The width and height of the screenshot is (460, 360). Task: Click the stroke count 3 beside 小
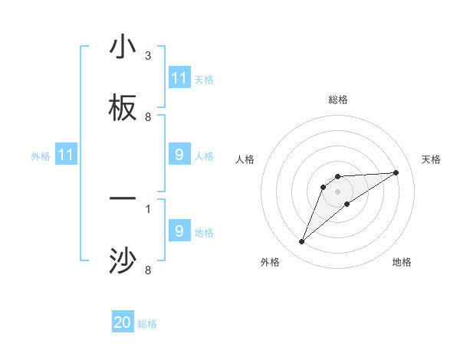tap(148, 56)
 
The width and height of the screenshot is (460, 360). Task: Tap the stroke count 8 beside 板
tap(148, 117)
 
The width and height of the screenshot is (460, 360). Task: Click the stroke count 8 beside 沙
tap(148, 270)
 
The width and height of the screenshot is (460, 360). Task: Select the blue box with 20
tap(123, 323)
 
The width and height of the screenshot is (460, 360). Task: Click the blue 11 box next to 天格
tap(179, 78)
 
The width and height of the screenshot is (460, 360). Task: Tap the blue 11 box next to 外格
tap(66, 155)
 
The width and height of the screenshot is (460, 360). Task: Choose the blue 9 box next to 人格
tap(179, 155)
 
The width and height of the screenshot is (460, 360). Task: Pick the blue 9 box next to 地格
tap(179, 231)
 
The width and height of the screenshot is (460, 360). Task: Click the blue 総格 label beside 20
tap(147, 324)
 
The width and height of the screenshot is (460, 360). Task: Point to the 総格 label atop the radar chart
tap(337, 100)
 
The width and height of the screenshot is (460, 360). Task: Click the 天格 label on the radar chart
tap(432, 159)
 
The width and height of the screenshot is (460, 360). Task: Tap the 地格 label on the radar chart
tap(402, 262)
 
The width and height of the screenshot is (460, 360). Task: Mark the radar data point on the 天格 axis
tap(396, 172)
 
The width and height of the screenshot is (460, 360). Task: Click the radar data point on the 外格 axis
tap(301, 242)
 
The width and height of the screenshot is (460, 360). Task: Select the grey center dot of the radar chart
tap(337, 191)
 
